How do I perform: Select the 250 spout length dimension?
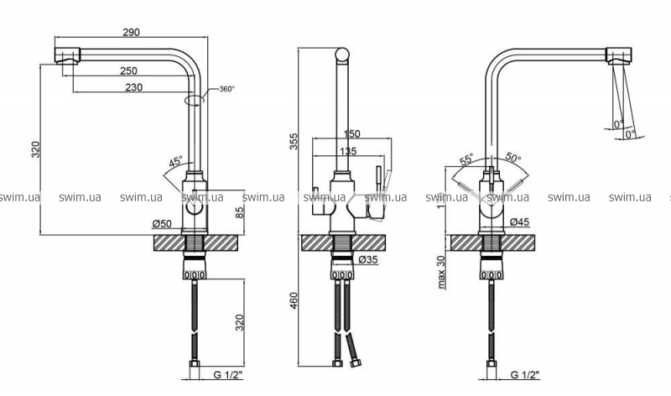[x=128, y=71]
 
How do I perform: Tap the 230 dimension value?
[x=133, y=87]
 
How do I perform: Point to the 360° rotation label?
[x=226, y=89]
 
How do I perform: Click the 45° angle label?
[x=175, y=162]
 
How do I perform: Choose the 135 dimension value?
[x=348, y=152]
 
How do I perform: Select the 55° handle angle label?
[x=466, y=158]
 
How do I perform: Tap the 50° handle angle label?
[x=514, y=158]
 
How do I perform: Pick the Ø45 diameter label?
[x=520, y=222]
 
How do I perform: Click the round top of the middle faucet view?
[x=344, y=55]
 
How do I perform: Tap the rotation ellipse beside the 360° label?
[x=195, y=99]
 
